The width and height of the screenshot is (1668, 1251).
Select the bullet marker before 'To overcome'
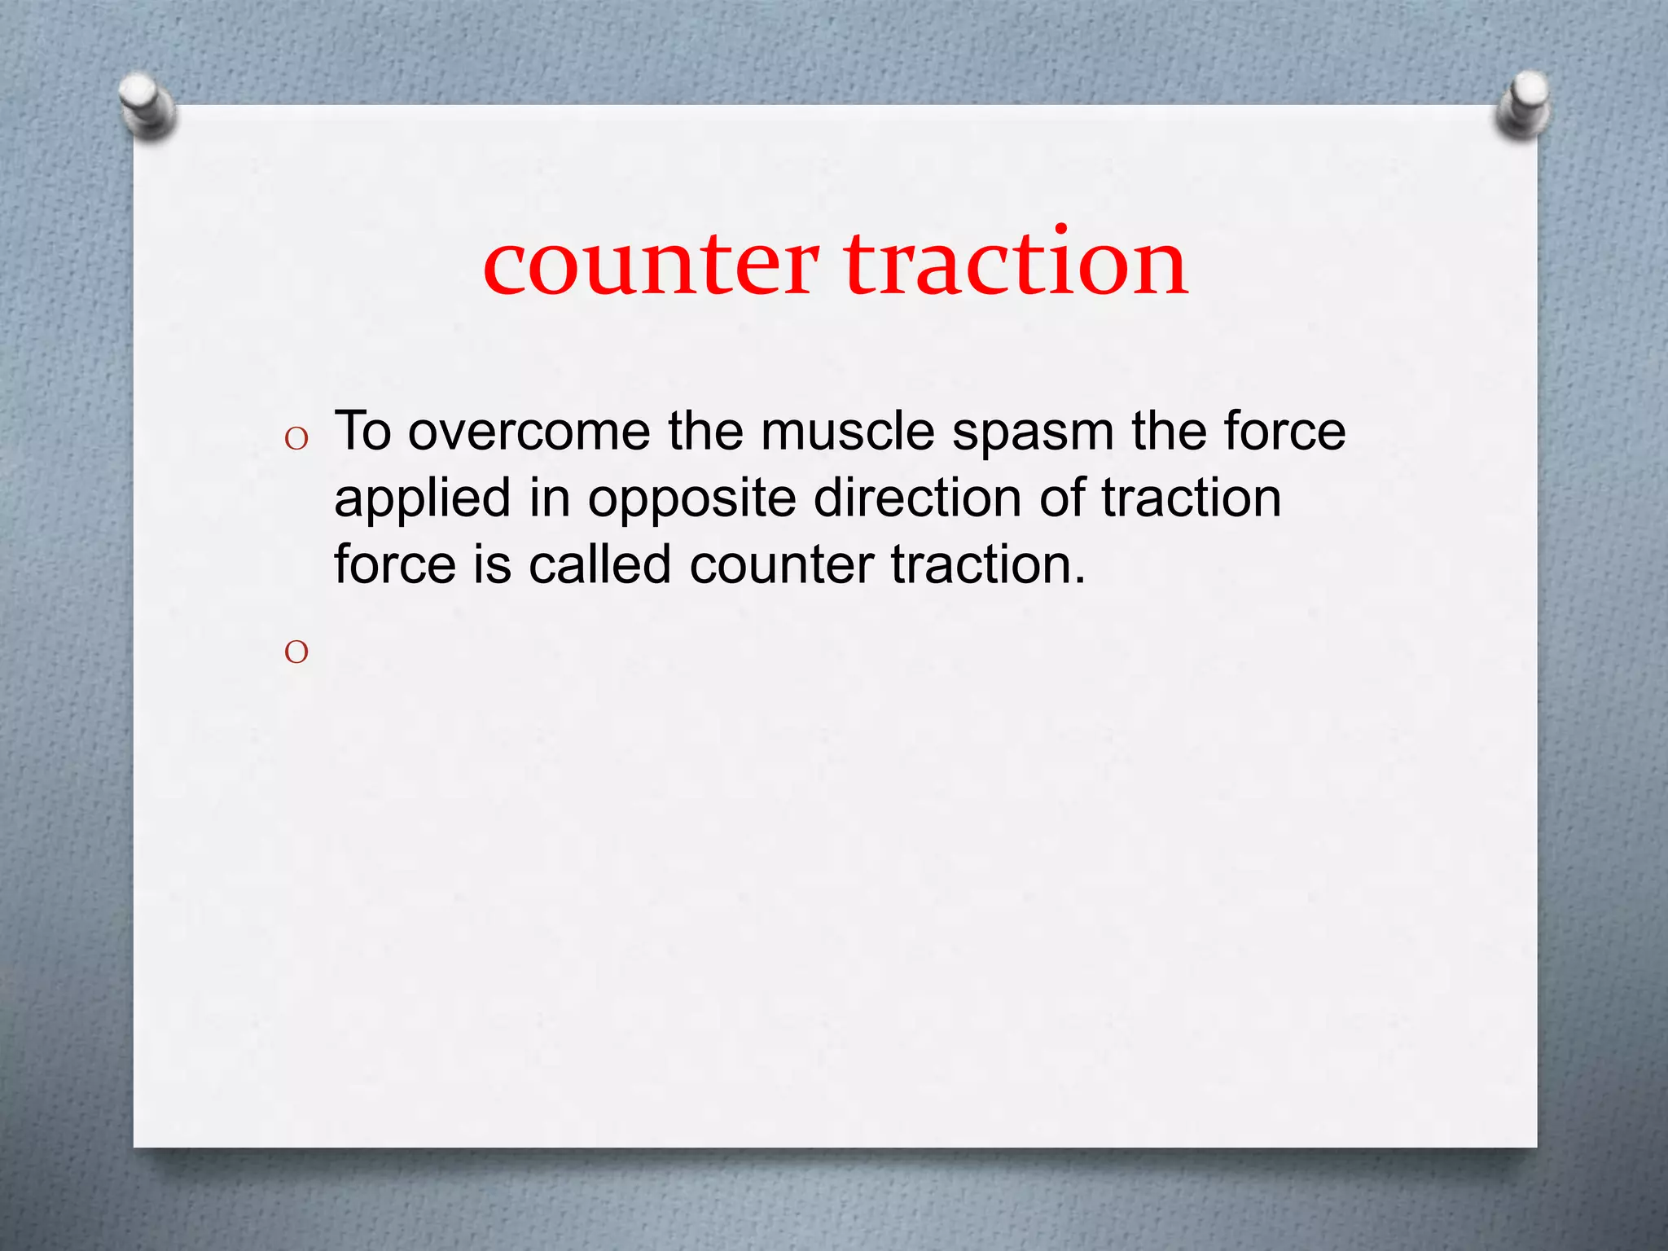tap(296, 440)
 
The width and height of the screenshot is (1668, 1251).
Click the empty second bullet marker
tap(296, 652)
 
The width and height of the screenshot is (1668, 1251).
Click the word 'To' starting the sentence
tap(362, 431)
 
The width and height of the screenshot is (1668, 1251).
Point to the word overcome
tap(529, 432)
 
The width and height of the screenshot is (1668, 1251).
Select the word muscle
tap(847, 432)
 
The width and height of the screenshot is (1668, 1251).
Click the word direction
tap(917, 498)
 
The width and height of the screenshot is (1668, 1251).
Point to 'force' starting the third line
tap(394, 564)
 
